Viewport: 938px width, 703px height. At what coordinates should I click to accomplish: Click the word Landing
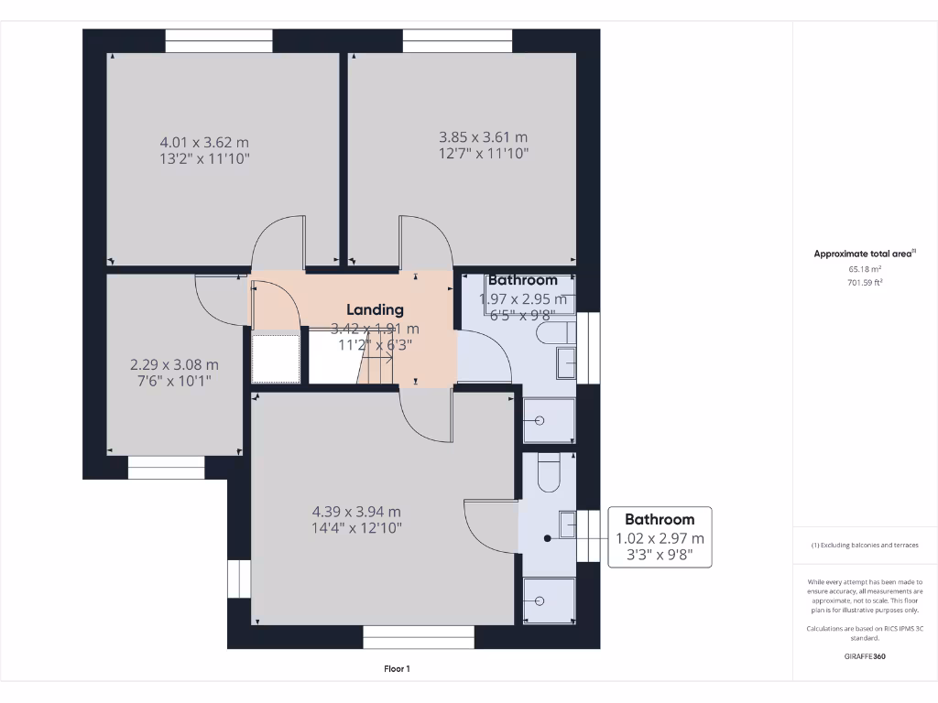[375, 310]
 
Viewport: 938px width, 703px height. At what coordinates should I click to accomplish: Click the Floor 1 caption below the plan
[397, 669]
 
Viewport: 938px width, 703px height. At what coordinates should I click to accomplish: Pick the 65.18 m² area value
[865, 270]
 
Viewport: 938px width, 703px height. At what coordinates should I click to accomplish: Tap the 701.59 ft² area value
[865, 283]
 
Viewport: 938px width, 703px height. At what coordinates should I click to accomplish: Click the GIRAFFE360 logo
[865, 656]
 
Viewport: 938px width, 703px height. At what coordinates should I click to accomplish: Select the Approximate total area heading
[865, 254]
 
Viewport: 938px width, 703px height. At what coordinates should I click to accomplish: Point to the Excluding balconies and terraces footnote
[865, 545]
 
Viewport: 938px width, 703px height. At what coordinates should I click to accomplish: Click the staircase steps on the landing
[377, 370]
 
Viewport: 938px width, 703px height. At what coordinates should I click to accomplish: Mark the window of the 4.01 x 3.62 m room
[219, 40]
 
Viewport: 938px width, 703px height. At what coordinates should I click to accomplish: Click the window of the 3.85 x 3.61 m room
[457, 40]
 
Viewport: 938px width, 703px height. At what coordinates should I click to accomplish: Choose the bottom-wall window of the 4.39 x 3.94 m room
[419, 636]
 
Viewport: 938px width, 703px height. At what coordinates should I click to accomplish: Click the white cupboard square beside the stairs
[276, 359]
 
